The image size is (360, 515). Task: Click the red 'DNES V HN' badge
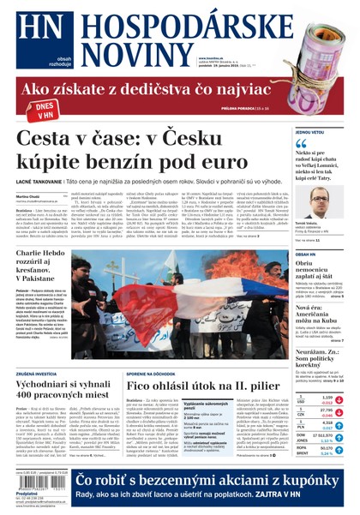point(40,109)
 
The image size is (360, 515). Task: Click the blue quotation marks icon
point(301,147)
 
